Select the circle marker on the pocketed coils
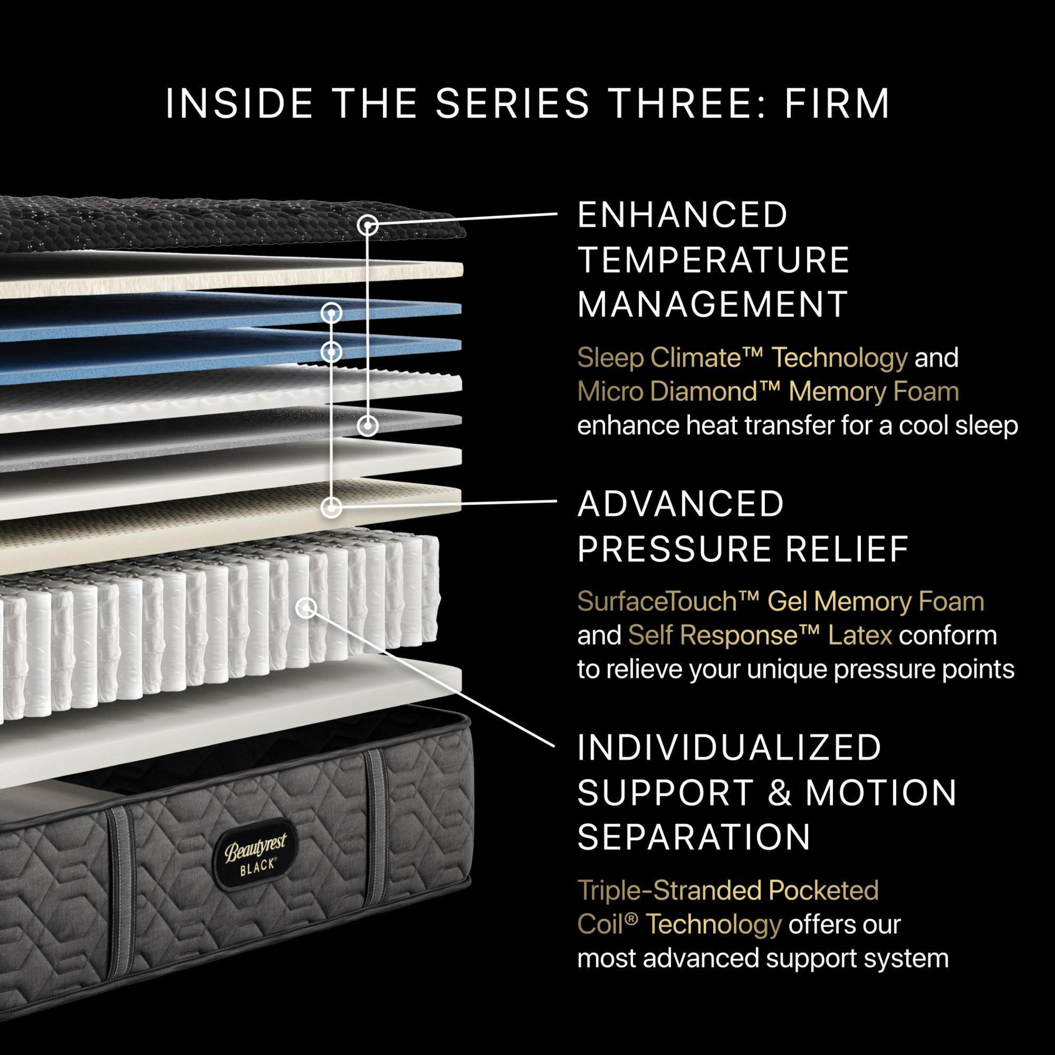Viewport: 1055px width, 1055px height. click(306, 608)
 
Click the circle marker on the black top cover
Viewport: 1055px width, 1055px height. click(367, 225)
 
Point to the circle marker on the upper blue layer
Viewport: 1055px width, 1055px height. click(332, 313)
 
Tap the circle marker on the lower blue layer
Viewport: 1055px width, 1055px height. click(332, 352)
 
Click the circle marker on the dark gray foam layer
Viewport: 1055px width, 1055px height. click(367, 426)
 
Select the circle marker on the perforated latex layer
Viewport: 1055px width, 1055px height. click(332, 507)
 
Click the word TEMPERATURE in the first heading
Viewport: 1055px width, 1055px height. click(713, 260)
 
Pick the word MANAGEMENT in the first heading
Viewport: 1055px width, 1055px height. click(712, 305)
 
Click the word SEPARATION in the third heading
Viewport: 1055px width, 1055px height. click(694, 836)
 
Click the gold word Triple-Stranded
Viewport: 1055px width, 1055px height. click(668, 890)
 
